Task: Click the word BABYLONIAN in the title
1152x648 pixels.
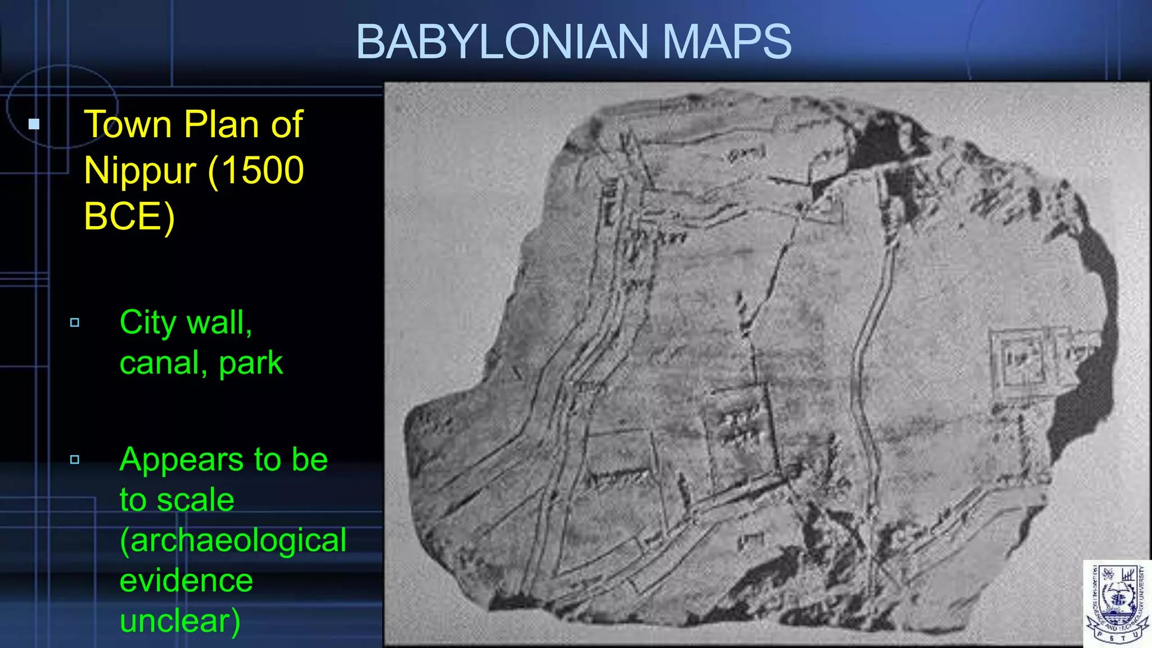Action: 502,42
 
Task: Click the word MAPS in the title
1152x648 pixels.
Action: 727,42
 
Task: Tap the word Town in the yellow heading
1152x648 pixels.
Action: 128,124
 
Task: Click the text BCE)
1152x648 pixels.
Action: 129,217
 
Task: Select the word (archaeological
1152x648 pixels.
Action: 233,541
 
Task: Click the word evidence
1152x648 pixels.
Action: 186,580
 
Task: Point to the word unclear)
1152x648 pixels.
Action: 180,621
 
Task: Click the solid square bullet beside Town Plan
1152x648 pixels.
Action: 34,124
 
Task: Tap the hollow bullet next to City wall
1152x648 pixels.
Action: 75,323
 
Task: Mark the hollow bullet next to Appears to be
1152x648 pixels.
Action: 75,460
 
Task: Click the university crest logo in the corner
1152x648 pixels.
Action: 1117,604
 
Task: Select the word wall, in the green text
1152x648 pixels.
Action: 222,323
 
